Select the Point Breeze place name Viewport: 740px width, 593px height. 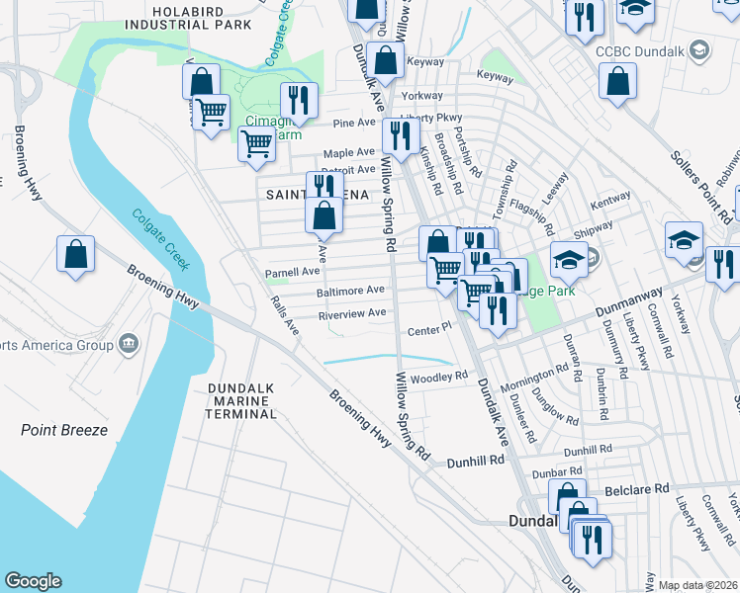(64, 430)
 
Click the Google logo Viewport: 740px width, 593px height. (33, 581)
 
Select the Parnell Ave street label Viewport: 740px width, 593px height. (292, 271)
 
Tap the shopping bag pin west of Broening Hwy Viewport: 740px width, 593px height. (76, 254)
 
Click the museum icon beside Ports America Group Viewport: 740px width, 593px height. (129, 344)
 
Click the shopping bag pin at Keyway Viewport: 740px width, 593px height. (385, 60)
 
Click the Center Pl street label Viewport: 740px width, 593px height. (427, 327)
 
